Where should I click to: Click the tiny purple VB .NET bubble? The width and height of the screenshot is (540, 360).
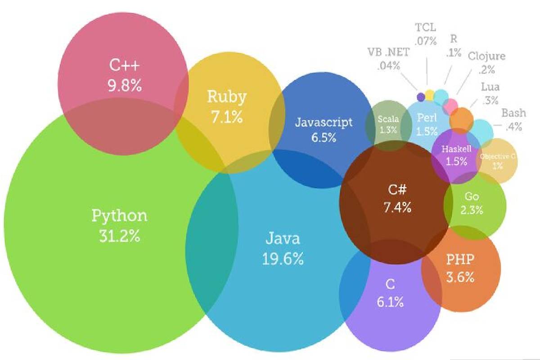(421, 96)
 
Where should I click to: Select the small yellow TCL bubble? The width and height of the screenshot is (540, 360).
(430, 95)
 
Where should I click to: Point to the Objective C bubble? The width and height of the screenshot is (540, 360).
(497, 161)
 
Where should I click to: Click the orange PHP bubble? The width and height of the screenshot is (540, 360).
(460, 268)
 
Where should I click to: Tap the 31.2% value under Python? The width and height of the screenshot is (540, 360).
(119, 236)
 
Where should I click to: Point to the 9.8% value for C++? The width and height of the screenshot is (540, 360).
(125, 85)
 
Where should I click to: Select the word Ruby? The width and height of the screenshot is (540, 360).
(227, 97)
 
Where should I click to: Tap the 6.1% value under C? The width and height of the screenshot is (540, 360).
(390, 302)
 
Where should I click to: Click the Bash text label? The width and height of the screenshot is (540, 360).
(511, 113)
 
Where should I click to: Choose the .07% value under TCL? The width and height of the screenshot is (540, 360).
(425, 41)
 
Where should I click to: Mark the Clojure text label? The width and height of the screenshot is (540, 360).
(486, 56)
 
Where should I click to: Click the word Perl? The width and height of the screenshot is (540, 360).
(427, 118)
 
